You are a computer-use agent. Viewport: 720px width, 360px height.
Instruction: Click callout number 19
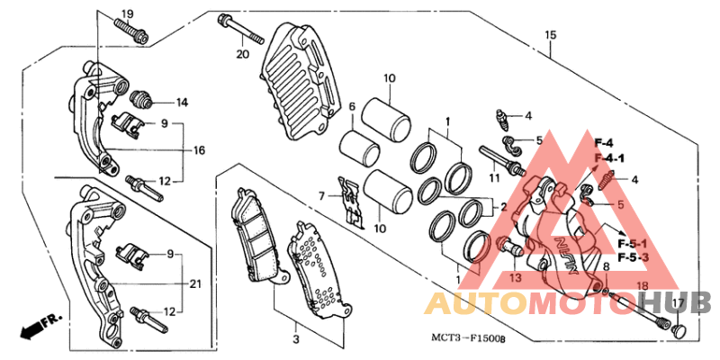coord(126,13)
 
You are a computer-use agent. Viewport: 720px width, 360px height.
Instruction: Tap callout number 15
coord(549,35)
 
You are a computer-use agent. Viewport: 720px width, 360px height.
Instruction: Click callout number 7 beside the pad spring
coord(319,194)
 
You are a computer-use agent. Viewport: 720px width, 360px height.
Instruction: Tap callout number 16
coord(200,150)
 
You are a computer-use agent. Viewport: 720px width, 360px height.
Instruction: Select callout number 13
coord(516,278)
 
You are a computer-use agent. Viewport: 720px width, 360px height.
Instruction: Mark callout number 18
coord(642,285)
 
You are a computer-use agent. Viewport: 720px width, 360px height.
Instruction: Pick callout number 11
coord(494,178)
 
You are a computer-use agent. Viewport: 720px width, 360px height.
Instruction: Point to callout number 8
coord(606,266)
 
